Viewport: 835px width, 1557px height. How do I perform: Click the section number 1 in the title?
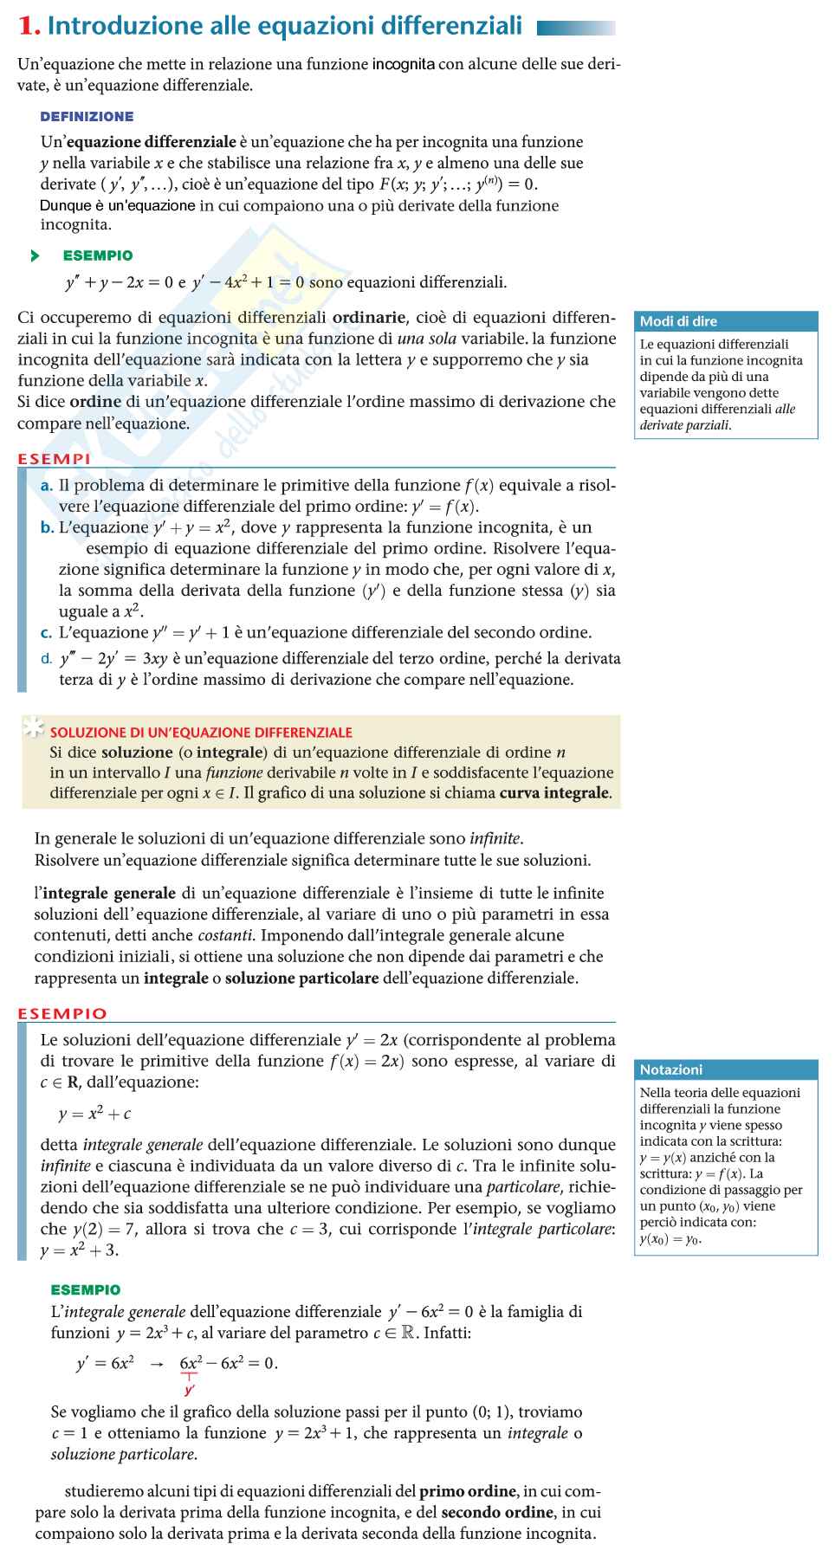(x=29, y=28)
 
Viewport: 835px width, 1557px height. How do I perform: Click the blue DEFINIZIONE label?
(x=87, y=116)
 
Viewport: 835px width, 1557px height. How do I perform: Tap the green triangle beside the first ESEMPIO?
(x=35, y=255)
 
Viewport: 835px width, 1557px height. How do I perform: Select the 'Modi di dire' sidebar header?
(x=678, y=321)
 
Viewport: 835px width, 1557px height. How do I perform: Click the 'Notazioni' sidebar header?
(x=671, y=1069)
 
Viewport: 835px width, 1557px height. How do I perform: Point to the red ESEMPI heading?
(x=54, y=458)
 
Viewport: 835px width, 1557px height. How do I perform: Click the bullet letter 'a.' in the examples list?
(x=47, y=486)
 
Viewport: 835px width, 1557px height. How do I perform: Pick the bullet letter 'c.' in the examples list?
(x=47, y=633)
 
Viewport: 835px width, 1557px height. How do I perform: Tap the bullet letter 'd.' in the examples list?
(x=47, y=659)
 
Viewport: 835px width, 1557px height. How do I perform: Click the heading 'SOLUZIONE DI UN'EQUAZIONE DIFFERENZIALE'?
(x=201, y=732)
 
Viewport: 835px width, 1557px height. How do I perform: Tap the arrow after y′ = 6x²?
(x=157, y=1364)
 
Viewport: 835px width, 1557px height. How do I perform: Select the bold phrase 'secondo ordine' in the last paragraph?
(x=497, y=1512)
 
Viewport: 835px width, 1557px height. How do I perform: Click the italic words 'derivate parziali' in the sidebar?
(x=685, y=425)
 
